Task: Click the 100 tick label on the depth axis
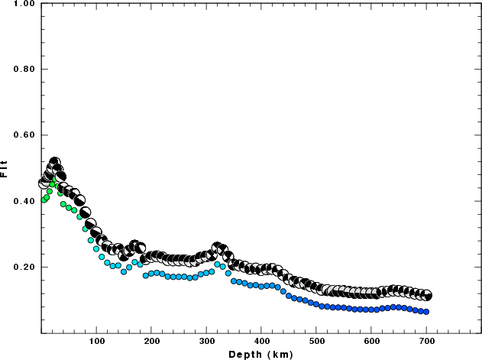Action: pos(97,341)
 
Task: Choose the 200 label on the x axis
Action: pos(152,341)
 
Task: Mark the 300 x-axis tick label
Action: pos(207,341)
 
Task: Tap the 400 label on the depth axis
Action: pos(262,341)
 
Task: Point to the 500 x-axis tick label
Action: pos(317,341)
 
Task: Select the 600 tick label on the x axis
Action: pos(372,341)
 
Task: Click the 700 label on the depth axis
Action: pos(427,341)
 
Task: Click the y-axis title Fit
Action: pos(6,168)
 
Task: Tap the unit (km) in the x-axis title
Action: pos(277,354)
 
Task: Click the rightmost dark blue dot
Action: pos(426,312)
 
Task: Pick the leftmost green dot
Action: pos(44,200)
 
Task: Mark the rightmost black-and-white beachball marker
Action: pos(426,295)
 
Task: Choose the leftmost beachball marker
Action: pos(44,183)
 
